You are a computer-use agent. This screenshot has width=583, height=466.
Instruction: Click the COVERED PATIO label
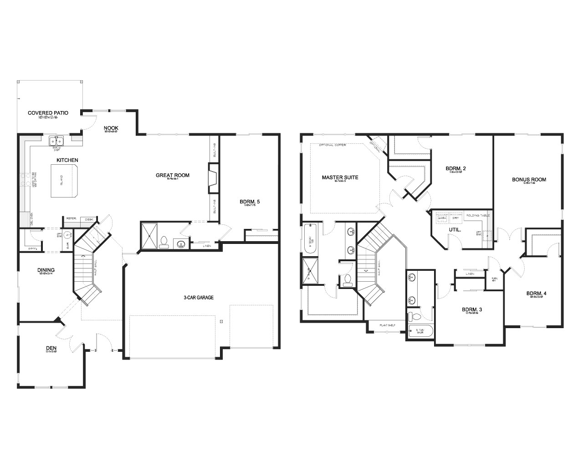[x=48, y=113]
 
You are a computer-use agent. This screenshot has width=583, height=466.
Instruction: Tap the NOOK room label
[x=111, y=128]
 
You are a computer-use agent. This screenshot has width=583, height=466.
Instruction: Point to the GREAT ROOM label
[x=172, y=175]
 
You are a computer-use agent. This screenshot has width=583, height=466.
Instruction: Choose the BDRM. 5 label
[x=250, y=201]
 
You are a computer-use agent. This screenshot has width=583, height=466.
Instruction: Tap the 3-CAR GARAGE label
[x=199, y=298]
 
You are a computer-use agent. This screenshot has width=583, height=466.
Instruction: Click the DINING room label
[x=46, y=270]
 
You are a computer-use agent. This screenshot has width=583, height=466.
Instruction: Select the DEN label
[x=51, y=347]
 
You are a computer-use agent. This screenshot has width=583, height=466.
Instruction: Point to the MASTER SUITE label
[x=340, y=177]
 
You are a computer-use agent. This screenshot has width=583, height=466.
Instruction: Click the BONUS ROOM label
[x=529, y=179]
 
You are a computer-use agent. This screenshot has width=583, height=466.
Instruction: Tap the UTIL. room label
[x=455, y=230]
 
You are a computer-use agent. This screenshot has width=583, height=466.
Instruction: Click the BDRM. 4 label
[x=536, y=293]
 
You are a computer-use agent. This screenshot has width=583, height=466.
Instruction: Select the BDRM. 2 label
[x=455, y=168]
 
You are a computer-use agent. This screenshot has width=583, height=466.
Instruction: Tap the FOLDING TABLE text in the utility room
[x=478, y=215]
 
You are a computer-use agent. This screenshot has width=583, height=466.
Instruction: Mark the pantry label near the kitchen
[x=32, y=248]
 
